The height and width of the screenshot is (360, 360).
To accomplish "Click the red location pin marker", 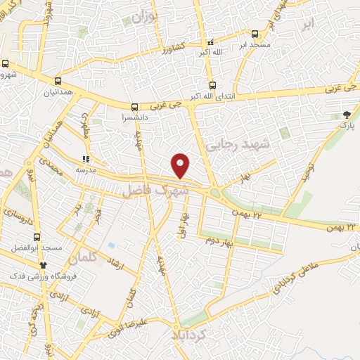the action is tap(181, 165).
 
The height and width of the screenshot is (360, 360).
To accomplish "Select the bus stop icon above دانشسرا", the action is tap(134, 108).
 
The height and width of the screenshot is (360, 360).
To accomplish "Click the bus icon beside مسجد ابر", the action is tap(255, 33).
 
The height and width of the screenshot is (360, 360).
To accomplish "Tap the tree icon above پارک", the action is tap(347, 114).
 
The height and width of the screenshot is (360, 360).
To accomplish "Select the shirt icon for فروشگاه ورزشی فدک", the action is tap(43, 265).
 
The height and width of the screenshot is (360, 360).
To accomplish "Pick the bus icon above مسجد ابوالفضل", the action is tap(37, 237).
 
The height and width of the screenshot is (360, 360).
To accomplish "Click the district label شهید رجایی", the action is tap(245, 145).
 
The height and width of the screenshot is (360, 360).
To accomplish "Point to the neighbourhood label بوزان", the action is tap(145, 15).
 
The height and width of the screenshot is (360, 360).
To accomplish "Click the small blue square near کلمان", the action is tap(112, 245).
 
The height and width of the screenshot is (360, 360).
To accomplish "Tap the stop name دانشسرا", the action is tap(134, 118).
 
